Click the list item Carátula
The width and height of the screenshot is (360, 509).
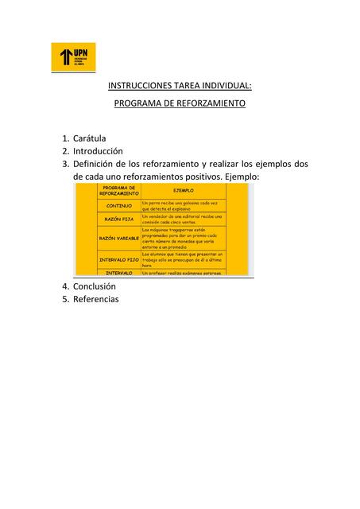pos(95,138)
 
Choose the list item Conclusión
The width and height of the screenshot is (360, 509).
pos(95,286)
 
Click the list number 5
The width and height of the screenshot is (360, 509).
pos(64,299)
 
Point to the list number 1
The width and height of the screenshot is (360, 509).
pos(64,138)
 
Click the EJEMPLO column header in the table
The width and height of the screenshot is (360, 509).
pos(184,191)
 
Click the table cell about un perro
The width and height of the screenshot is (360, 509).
pos(183,205)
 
